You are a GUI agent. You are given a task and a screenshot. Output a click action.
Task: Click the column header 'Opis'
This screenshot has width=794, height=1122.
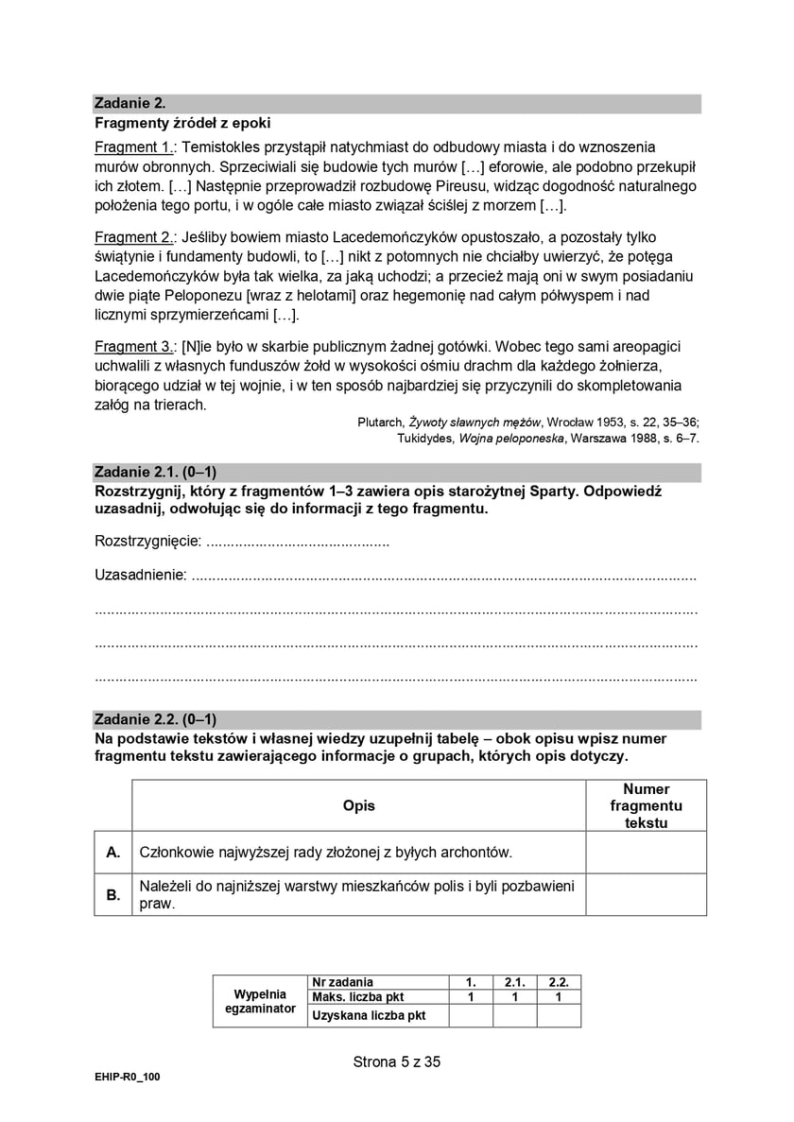359,805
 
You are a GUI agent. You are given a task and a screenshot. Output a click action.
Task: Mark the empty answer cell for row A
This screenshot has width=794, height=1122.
646,853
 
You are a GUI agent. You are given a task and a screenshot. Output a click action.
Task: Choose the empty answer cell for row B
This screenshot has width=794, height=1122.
646,894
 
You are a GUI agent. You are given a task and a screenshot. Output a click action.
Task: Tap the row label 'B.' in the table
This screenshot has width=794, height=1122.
113,894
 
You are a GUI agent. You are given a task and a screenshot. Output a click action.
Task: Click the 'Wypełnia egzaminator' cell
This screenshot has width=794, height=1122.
260,1001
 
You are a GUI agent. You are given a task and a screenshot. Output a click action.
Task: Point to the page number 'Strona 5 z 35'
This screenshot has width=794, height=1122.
397,1062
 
